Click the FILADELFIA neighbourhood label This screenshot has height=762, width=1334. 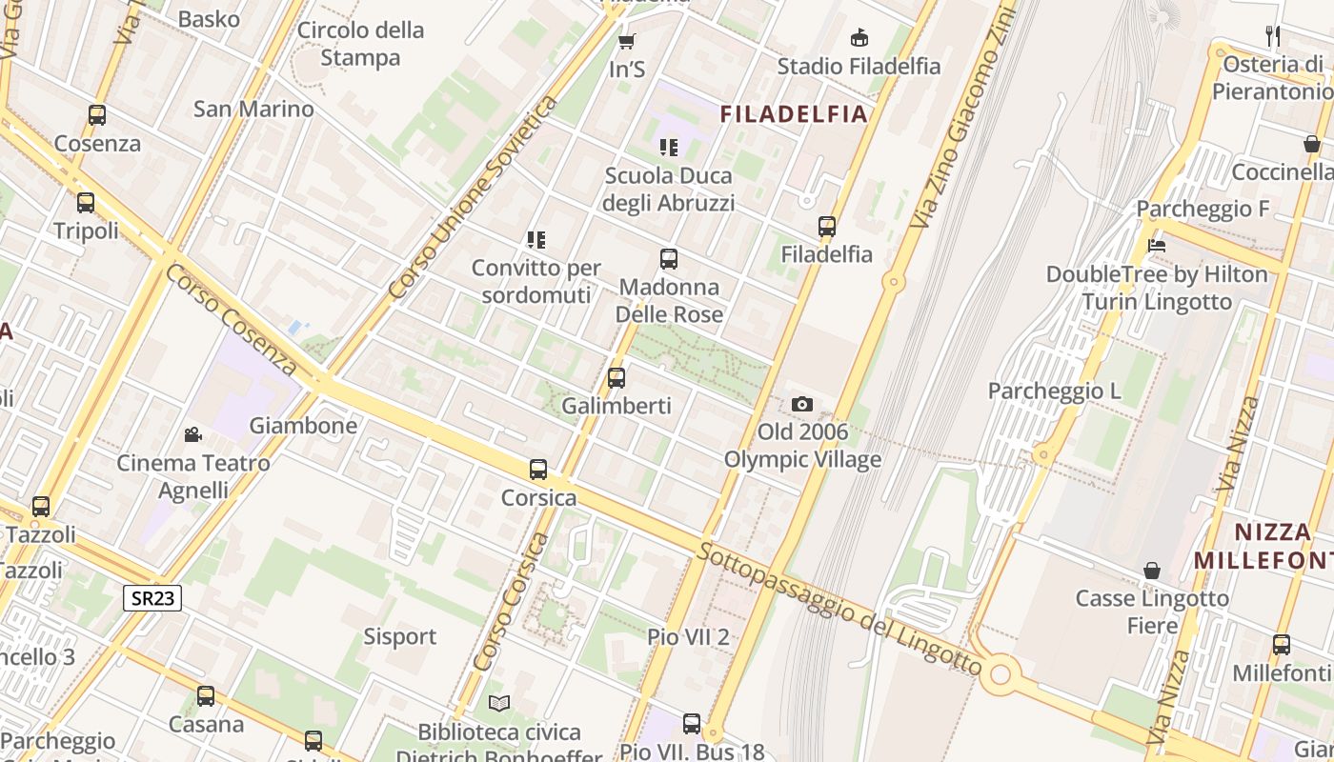pyautogui.click(x=794, y=114)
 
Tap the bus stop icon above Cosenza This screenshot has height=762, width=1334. pyautogui.click(x=97, y=115)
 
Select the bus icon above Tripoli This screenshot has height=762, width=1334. pyautogui.click(x=86, y=202)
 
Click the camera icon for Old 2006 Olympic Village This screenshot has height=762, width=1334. pyautogui.click(x=802, y=404)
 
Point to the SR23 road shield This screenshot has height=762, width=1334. pyautogui.click(x=152, y=597)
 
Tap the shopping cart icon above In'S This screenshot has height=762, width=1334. pyautogui.click(x=626, y=41)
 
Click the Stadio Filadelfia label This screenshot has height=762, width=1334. pyautogui.click(x=859, y=67)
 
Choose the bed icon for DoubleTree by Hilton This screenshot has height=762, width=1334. pyautogui.click(x=1157, y=245)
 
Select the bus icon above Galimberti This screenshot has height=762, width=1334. pyautogui.click(x=616, y=377)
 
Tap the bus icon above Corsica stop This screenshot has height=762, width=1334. pyautogui.click(x=538, y=469)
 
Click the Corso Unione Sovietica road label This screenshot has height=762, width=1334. pyautogui.click(x=474, y=196)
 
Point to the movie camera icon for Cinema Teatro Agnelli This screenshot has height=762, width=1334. pyautogui.click(x=193, y=435)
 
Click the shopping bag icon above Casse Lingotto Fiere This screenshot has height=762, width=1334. pyautogui.click(x=1152, y=571)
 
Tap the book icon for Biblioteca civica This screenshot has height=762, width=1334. pyautogui.click(x=499, y=703)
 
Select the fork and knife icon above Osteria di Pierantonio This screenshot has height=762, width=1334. pyautogui.click(x=1273, y=36)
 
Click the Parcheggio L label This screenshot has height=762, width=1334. pyautogui.click(x=1054, y=391)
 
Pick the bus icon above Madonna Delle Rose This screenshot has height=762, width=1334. pyautogui.click(x=669, y=258)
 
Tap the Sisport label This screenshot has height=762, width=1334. pyautogui.click(x=400, y=636)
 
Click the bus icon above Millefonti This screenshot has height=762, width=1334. pyautogui.click(x=1282, y=645)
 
